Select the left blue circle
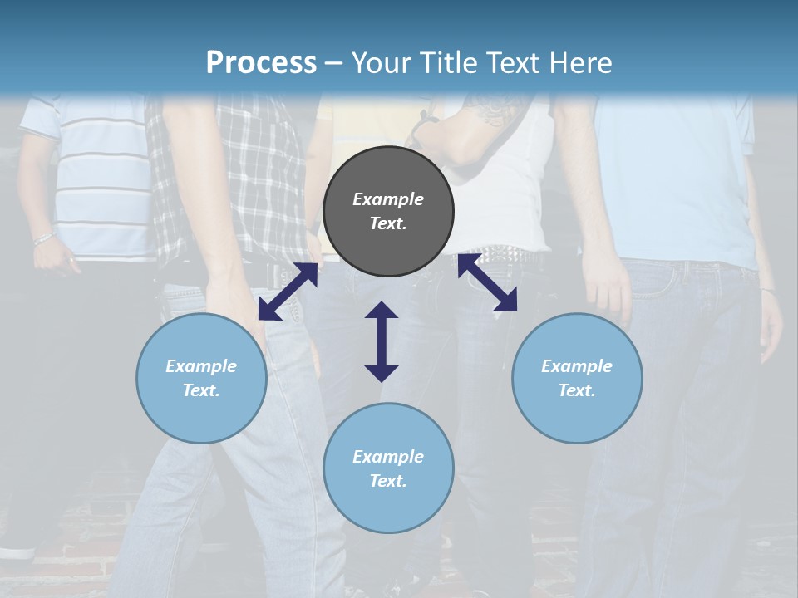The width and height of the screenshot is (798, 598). tap(201, 378)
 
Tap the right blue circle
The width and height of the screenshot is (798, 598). tap(577, 378)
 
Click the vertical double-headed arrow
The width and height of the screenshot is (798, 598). tap(382, 341)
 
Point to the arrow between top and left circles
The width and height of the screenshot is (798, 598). tap(288, 292)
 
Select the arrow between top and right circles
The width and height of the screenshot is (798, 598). tap(488, 282)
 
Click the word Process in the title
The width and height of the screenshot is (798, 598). tap(261, 62)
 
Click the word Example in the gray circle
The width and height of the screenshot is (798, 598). tap(388, 199)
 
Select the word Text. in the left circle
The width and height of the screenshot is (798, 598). tap(201, 390)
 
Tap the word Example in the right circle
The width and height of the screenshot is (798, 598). tap(577, 366)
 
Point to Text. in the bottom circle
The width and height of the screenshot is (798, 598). tap(388, 481)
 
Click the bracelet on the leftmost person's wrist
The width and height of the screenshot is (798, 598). tap(44, 239)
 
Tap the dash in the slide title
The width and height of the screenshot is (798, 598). tap(334, 63)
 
